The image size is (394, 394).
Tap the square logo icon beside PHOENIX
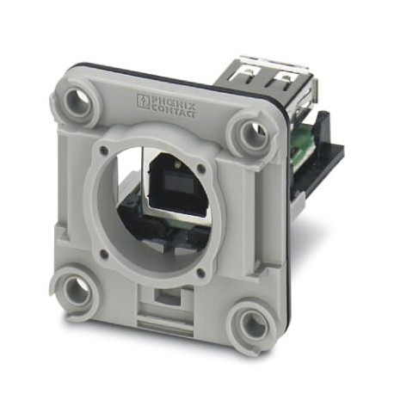143,102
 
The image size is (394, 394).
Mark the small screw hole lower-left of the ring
103,254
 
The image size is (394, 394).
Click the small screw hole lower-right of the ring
201,274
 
